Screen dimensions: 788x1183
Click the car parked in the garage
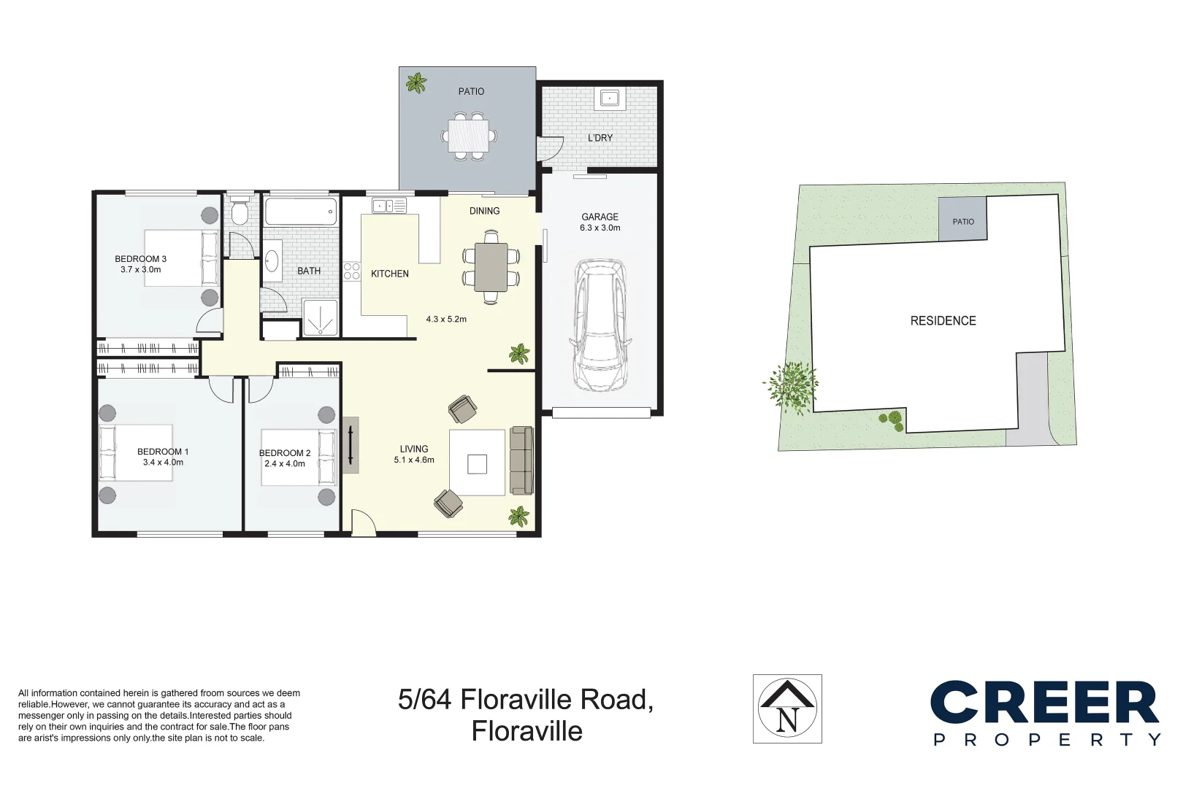pos(600,325)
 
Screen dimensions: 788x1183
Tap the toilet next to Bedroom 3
pos(239,212)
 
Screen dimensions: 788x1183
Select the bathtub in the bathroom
pos(300,212)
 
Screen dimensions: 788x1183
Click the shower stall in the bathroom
pos(320,318)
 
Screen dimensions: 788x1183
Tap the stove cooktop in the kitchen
pos(352,271)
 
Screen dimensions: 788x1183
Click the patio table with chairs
pos(470,136)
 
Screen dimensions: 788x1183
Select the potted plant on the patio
pos(416,83)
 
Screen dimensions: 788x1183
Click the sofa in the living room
pos(521,460)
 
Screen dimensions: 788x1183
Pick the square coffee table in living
pos(477,464)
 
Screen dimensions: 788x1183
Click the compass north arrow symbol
pos(787,708)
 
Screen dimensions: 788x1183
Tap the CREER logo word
pos(1044,704)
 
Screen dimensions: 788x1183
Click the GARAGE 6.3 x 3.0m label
pos(600,223)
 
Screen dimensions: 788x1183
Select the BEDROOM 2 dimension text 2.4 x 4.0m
pos(285,464)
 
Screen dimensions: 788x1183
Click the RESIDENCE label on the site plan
pos(943,321)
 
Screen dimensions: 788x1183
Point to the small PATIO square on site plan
pos(962,220)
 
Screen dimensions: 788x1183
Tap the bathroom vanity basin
pos(272,261)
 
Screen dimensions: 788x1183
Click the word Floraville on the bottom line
pos(527,731)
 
